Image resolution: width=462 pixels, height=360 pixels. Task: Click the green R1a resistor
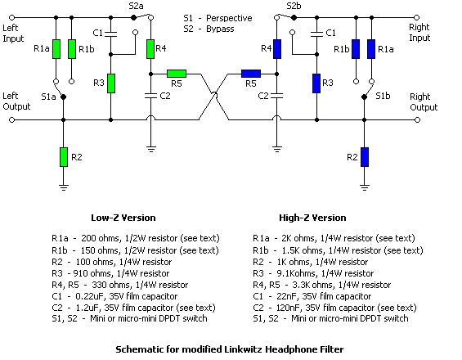pyautogui.click(x=56, y=49)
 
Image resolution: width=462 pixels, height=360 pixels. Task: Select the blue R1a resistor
pyautogui.click(x=371, y=49)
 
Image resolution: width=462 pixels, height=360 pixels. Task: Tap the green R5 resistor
pyautogui.click(x=177, y=74)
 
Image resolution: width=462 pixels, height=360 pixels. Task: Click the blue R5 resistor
pyautogui.click(x=251, y=74)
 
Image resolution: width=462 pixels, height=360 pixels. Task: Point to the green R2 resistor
pyautogui.click(x=64, y=157)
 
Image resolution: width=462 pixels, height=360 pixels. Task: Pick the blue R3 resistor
pyautogui.click(x=316, y=83)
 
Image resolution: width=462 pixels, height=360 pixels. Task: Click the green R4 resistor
pyautogui.click(x=150, y=49)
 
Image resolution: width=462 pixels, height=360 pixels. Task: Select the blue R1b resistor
pyautogui.click(x=356, y=49)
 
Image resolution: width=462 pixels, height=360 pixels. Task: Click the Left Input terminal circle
pyautogui.click(x=11, y=18)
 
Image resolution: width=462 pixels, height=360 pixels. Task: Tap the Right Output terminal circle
pyautogui.click(x=417, y=120)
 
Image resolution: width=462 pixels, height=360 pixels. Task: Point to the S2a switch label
pyautogui.click(x=136, y=7)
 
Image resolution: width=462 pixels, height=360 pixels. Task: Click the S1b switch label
pyautogui.click(x=383, y=96)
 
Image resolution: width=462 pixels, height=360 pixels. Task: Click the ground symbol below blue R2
pyautogui.click(x=365, y=187)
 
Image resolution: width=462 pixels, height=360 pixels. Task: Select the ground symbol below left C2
pyautogui.click(x=151, y=149)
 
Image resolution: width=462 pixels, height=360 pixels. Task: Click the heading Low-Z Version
pyautogui.click(x=123, y=218)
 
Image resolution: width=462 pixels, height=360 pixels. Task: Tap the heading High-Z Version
pyautogui.click(x=312, y=218)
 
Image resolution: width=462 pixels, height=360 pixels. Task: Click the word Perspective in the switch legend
pyautogui.click(x=229, y=19)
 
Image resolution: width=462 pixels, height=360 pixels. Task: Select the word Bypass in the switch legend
pyautogui.click(x=220, y=29)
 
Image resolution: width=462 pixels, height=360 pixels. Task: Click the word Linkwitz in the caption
pyautogui.click(x=244, y=349)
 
